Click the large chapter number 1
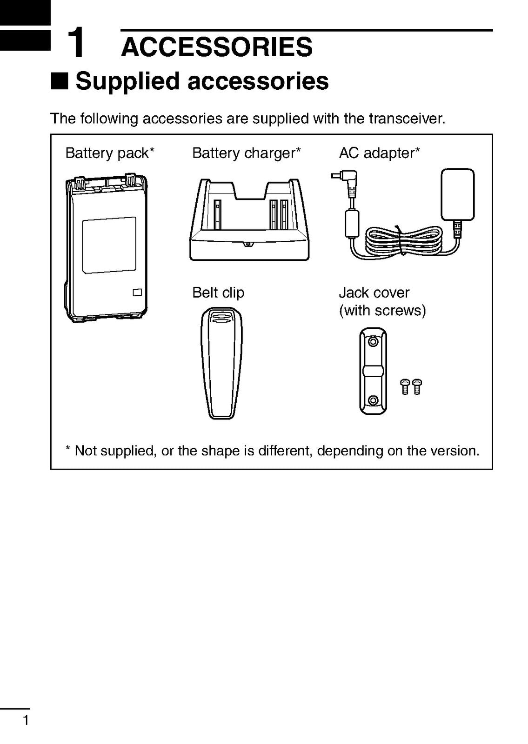76,43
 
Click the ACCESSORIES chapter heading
217,47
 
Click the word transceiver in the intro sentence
407,119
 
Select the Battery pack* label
110,153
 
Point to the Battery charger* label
247,153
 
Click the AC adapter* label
380,153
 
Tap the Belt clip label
218,292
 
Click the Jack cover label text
374,292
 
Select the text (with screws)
382,310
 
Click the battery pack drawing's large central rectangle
109,245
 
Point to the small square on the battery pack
136,292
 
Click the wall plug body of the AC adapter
458,194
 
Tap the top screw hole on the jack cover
373,343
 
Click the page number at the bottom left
26,721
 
